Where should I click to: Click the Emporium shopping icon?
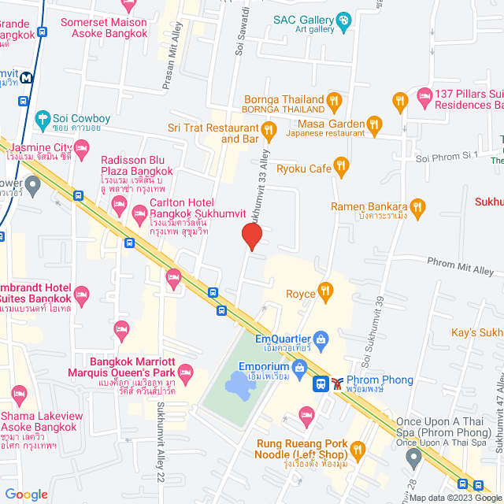(299, 367)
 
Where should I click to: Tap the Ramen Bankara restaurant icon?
(417, 207)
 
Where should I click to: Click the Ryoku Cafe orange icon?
(341, 166)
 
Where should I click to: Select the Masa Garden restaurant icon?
(374, 124)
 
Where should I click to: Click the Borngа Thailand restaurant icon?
(335, 100)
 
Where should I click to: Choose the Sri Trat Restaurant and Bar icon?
(268, 129)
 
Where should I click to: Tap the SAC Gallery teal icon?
(343, 20)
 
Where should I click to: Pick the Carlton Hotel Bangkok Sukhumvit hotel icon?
(139, 211)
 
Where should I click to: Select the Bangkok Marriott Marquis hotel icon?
(185, 371)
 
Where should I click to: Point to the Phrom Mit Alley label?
(460, 265)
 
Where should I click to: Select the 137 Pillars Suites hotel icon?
(424, 98)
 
